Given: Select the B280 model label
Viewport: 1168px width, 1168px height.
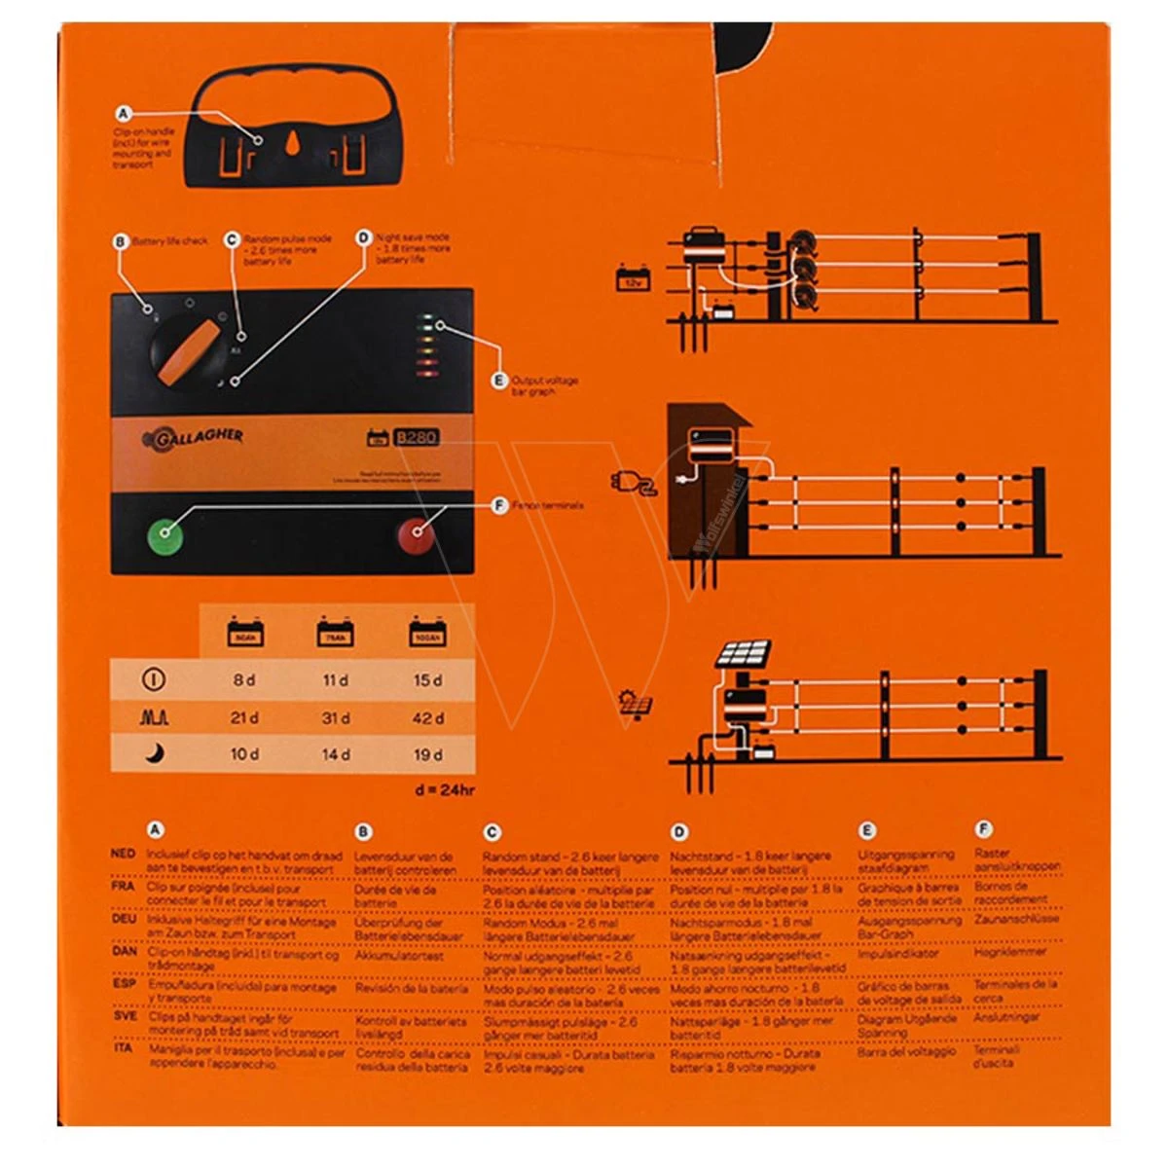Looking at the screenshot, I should click(x=416, y=437).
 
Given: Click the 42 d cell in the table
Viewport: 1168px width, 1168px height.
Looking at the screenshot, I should click(x=427, y=717).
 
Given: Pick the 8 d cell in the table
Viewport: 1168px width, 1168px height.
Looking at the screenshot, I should click(x=244, y=679).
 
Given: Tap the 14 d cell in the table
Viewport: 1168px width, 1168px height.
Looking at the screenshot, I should click(x=336, y=753).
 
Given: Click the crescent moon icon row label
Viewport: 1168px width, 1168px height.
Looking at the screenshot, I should click(x=155, y=753).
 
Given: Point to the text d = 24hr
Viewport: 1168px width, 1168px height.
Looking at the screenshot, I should click(x=445, y=789).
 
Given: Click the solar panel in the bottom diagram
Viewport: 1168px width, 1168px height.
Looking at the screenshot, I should click(x=745, y=653).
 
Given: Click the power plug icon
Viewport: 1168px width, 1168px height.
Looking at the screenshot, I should click(x=634, y=483).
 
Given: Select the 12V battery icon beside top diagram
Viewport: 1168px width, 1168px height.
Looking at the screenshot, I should click(x=633, y=280).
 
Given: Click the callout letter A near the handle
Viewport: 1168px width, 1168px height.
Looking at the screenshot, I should click(x=124, y=114).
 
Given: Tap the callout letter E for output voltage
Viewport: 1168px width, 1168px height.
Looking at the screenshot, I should click(x=499, y=381).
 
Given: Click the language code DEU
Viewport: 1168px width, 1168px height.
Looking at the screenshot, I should click(x=124, y=919).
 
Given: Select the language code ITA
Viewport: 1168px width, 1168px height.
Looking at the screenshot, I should click(x=123, y=1048).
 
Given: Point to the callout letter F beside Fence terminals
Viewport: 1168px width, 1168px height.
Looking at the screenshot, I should click(x=499, y=505).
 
